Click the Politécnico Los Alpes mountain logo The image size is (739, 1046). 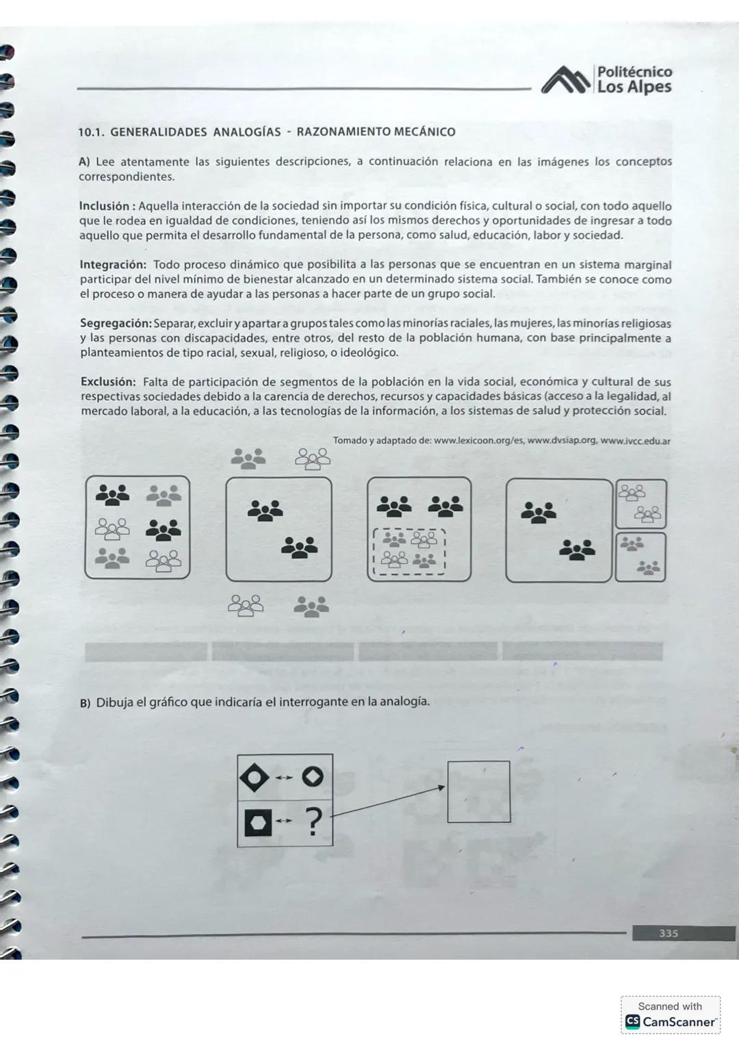tap(566, 79)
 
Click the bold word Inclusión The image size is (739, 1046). tap(104, 206)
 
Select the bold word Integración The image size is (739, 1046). tap(112, 265)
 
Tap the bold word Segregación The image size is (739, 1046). tap(115, 323)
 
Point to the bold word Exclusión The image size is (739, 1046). tap(107, 382)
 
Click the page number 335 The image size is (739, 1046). tap(668, 933)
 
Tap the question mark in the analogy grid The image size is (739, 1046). tap(313, 822)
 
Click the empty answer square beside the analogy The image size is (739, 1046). tap(478, 791)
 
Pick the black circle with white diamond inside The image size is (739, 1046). tap(313, 778)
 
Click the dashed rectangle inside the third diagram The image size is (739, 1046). tap(409, 551)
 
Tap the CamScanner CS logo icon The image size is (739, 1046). tap(633, 1022)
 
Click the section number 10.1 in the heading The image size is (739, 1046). tap(89, 132)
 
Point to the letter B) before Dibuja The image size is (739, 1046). tap(85, 704)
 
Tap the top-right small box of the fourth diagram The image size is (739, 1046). tap(640, 503)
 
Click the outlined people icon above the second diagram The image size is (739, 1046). tap(312, 459)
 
